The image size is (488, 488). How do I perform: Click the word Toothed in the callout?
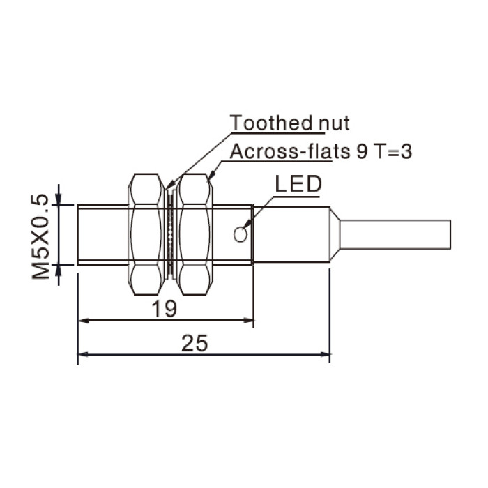point(271,123)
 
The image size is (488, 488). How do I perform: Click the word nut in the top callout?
point(334,123)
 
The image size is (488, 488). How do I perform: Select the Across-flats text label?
point(290,152)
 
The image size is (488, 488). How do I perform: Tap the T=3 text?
point(393,152)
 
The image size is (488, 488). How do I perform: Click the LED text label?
point(298,183)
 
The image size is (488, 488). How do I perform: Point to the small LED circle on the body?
point(241,234)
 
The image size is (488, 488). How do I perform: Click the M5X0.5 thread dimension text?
point(40,236)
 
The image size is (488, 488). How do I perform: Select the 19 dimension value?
point(164,309)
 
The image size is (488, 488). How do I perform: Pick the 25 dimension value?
point(195,343)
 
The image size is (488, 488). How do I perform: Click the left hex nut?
point(146,234)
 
